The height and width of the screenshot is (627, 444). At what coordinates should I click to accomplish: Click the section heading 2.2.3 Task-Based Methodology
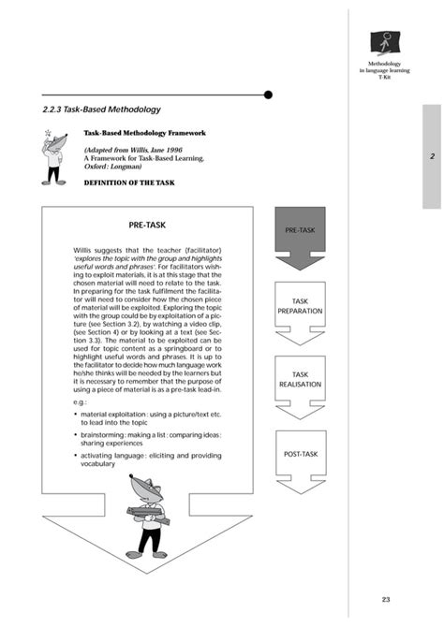pos(102,109)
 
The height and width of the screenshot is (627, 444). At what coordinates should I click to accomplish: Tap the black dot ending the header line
pos(268,95)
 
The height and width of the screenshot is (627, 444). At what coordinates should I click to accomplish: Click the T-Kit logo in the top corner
pos(385,43)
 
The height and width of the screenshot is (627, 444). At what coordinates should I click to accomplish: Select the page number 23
pos(386,599)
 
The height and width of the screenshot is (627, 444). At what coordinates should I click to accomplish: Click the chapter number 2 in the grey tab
pos(432,156)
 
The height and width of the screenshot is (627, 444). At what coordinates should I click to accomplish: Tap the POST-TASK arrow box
pos(300,455)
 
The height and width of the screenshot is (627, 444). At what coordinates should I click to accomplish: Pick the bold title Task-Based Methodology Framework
pos(143,133)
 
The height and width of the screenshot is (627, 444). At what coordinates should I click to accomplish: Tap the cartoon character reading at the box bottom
pos(145,516)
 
